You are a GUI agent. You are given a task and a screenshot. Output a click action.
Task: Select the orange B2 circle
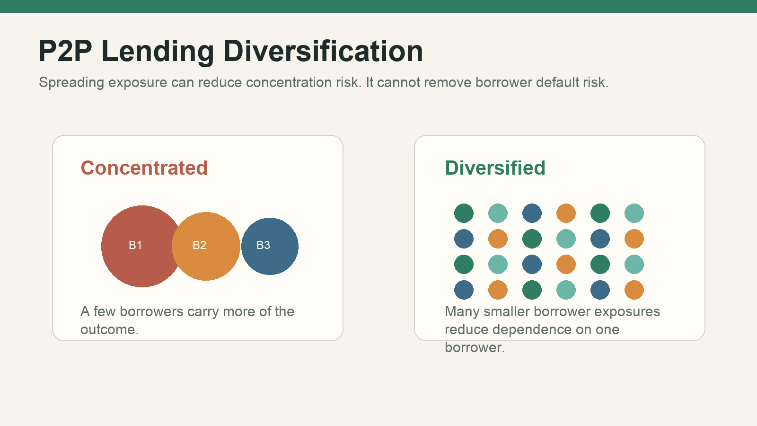[x=206, y=246]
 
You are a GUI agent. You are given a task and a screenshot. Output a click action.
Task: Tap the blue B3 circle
[x=270, y=246]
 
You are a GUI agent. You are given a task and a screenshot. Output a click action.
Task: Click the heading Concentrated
[x=144, y=168]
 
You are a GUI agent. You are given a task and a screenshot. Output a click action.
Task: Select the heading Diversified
[x=495, y=168]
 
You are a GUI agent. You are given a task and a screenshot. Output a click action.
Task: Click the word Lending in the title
[x=158, y=52]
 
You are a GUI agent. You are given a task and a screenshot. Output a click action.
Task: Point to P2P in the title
[x=65, y=51]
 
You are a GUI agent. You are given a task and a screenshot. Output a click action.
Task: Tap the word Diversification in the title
[x=323, y=51]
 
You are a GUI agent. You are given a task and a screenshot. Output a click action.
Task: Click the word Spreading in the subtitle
[x=71, y=83]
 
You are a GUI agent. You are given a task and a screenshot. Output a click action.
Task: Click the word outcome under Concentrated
[x=109, y=329]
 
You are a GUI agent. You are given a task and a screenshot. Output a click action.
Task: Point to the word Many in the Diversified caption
[x=462, y=312]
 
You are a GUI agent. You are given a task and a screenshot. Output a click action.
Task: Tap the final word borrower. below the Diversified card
[x=475, y=347]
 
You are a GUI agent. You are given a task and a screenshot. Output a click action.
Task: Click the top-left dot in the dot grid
[x=464, y=213]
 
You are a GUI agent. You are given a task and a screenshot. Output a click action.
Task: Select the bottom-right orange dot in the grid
[x=634, y=290]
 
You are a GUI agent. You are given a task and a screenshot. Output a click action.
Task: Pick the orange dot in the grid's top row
[x=566, y=213]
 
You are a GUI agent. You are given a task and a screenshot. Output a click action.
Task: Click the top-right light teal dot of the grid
[x=634, y=213]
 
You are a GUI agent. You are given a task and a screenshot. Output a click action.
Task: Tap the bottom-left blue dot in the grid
[x=464, y=290]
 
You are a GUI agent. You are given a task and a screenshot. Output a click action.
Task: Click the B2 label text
[x=199, y=245]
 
